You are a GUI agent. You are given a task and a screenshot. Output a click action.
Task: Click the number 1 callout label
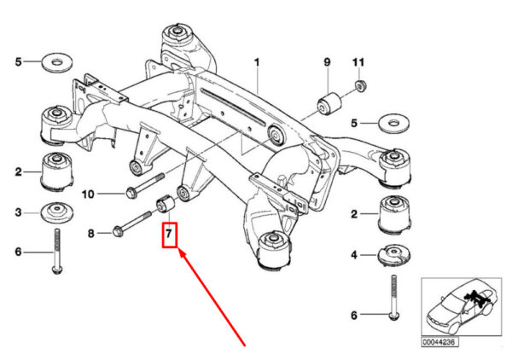pos(255,62)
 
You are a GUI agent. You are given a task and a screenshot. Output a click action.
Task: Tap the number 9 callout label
pos(326,62)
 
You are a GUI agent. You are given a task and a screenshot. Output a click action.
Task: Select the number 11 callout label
pos(359,62)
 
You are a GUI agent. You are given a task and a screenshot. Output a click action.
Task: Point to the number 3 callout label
pos(18,212)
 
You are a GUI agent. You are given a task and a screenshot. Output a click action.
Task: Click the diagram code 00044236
pos(439,342)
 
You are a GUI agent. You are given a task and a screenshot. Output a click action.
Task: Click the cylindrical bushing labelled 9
pos(329,100)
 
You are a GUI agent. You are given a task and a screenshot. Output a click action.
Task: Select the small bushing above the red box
pos(166,206)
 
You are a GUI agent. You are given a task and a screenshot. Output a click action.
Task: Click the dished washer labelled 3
pos(55,212)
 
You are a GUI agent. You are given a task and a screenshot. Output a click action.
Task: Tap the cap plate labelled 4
pos(392,255)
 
